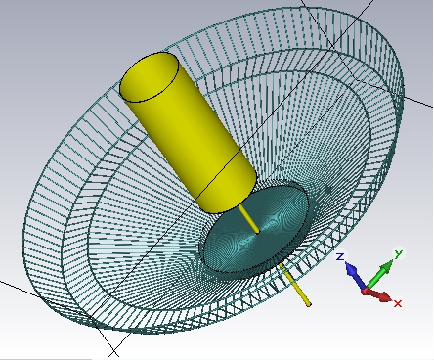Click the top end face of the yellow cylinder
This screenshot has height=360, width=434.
(150, 77)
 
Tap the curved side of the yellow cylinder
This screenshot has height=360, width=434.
(193, 144)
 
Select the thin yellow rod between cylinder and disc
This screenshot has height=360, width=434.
(249, 219)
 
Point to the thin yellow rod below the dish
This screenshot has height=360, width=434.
(295, 286)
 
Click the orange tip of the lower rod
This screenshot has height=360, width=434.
(309, 304)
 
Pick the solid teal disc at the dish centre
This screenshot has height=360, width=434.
(256, 228)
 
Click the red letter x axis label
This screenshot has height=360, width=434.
(398, 303)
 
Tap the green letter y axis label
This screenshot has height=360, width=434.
(399, 253)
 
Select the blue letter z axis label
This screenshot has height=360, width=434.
(340, 256)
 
